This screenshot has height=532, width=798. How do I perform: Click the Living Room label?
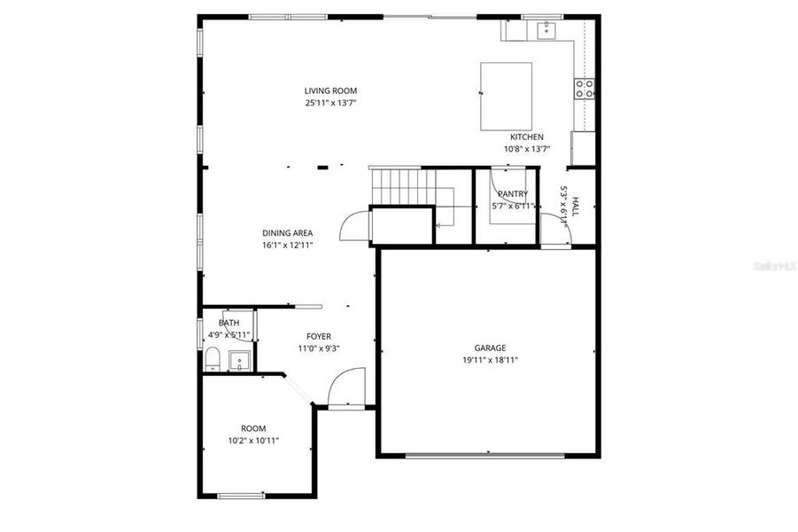click(x=330, y=90)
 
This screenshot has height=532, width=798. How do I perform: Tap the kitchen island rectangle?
click(x=506, y=96)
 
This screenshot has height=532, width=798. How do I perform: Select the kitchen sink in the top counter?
click(x=547, y=31)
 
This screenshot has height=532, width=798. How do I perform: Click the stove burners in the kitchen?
click(x=585, y=88)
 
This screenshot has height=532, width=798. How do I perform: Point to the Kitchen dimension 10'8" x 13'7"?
click(x=527, y=149)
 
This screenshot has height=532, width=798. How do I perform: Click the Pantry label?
click(x=513, y=193)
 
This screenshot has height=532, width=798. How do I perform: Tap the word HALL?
click(x=575, y=207)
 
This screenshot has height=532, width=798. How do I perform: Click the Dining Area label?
click(x=287, y=233)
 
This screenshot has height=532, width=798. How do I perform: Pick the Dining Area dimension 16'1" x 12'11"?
click(x=287, y=245)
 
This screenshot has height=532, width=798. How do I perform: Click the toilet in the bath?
click(x=212, y=359)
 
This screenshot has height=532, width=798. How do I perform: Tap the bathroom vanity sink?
click(x=239, y=361)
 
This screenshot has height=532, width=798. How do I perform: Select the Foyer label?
click(x=319, y=336)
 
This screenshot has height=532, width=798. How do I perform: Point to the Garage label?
click(x=490, y=348)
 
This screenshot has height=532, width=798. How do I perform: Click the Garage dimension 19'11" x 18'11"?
click(x=490, y=360)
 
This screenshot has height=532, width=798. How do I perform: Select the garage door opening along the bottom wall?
click(x=484, y=456)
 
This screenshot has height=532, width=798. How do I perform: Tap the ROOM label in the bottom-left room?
click(x=253, y=428)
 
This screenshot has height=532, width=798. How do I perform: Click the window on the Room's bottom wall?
click(x=241, y=495)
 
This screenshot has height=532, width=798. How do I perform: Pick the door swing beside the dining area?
click(x=353, y=226)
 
